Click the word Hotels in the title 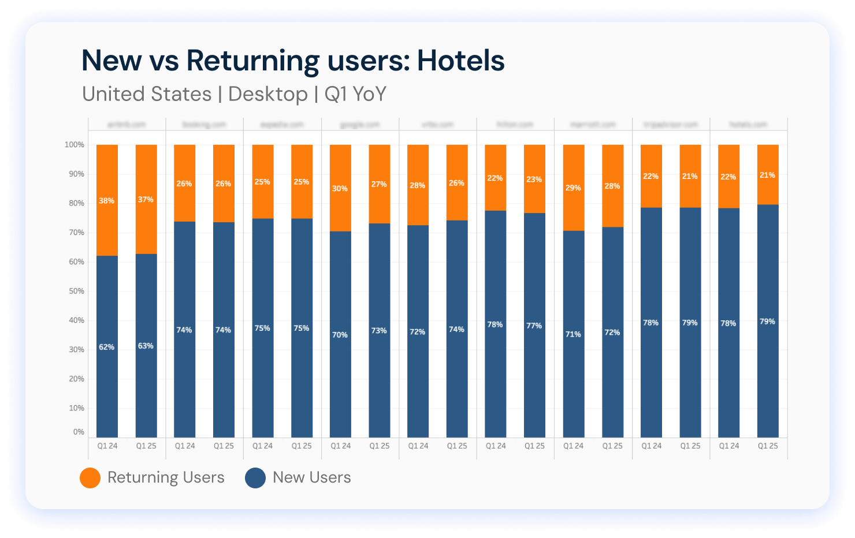(x=460, y=61)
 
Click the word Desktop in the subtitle (x=268, y=94)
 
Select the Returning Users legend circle (x=90, y=477)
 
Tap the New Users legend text (x=311, y=477)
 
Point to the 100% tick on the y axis (x=74, y=145)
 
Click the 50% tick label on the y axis (x=76, y=291)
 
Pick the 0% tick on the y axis (x=79, y=432)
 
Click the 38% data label (x=106, y=201)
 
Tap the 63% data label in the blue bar (x=146, y=346)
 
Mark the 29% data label (x=573, y=188)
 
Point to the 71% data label (x=573, y=334)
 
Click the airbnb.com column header (x=127, y=125)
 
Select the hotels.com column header (x=748, y=125)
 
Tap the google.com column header (x=360, y=125)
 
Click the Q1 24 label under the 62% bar (x=107, y=446)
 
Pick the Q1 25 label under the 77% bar (x=534, y=446)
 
